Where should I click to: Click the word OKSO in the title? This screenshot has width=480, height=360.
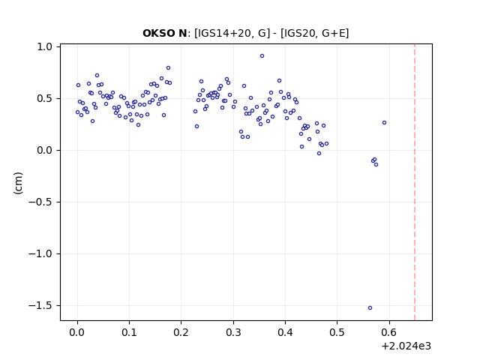[x=157, y=33]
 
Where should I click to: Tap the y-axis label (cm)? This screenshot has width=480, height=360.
[x=18, y=183]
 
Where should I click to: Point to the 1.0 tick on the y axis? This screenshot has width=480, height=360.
[x=45, y=46]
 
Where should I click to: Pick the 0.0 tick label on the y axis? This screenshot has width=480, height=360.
[x=45, y=151]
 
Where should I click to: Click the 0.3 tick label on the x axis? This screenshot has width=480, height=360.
[x=233, y=332]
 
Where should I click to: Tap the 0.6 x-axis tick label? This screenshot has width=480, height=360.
[x=389, y=332]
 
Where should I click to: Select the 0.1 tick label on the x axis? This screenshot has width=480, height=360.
[x=129, y=332]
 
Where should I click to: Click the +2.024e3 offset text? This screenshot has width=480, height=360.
[x=406, y=346]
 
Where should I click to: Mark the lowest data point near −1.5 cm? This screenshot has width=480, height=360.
[x=370, y=308]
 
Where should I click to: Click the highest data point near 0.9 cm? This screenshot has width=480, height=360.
[x=262, y=56]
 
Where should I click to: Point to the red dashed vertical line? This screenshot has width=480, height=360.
[x=415, y=182]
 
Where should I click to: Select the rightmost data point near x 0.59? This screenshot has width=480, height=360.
[x=385, y=123]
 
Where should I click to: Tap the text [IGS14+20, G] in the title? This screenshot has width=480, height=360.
[x=232, y=33]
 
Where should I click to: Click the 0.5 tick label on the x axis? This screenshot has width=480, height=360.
[x=337, y=332]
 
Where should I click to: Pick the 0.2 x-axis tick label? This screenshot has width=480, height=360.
[x=181, y=332]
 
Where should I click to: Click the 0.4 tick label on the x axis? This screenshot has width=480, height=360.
[x=285, y=332]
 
